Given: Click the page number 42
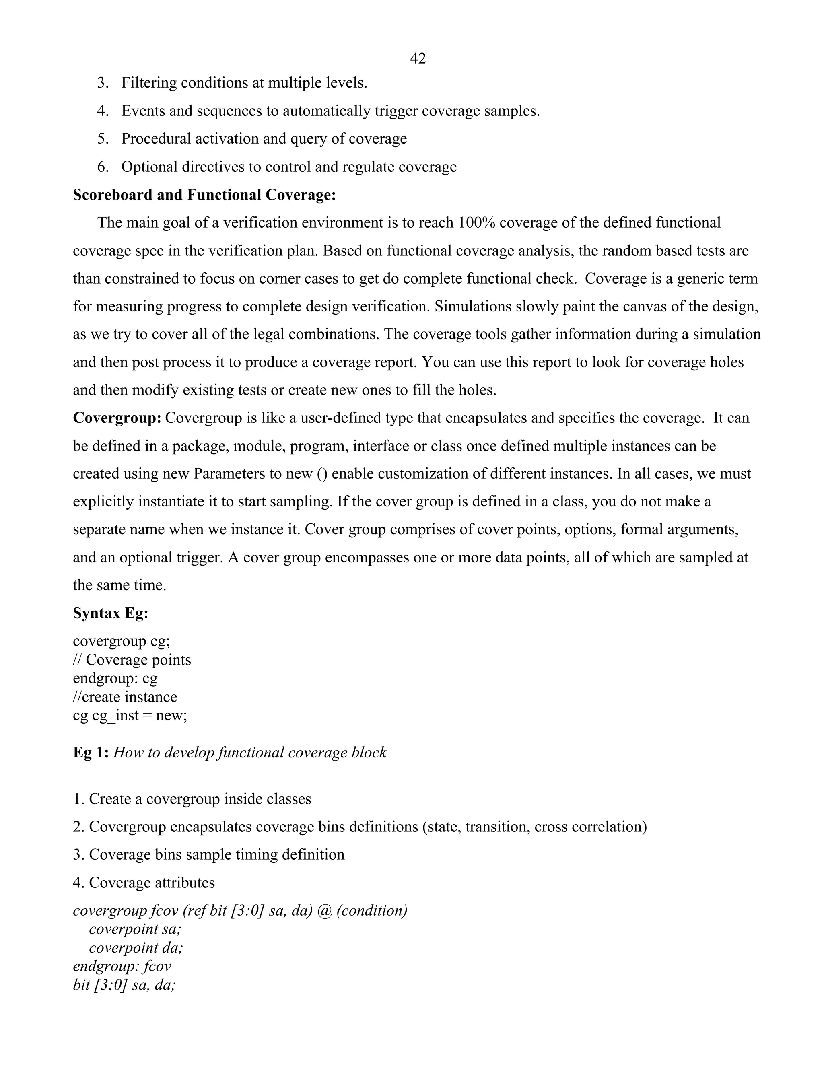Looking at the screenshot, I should click(x=418, y=59).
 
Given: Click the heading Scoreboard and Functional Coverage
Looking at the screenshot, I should click(x=204, y=195).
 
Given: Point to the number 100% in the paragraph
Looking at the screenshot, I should click(x=476, y=222).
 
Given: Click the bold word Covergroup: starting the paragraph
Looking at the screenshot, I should click(x=117, y=418).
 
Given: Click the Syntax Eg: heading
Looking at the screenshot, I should click(x=110, y=613).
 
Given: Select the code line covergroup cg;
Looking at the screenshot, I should click(x=121, y=641).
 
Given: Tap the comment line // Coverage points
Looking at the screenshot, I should click(x=132, y=660).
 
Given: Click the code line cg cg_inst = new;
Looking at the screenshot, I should click(x=130, y=716).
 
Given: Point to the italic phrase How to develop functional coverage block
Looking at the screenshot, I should click(x=250, y=753).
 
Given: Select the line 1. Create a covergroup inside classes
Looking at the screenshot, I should click(x=192, y=799).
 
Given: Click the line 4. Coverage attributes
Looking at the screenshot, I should click(x=144, y=883).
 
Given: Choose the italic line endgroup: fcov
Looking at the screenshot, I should click(x=122, y=966).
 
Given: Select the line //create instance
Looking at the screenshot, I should click(x=125, y=697).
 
